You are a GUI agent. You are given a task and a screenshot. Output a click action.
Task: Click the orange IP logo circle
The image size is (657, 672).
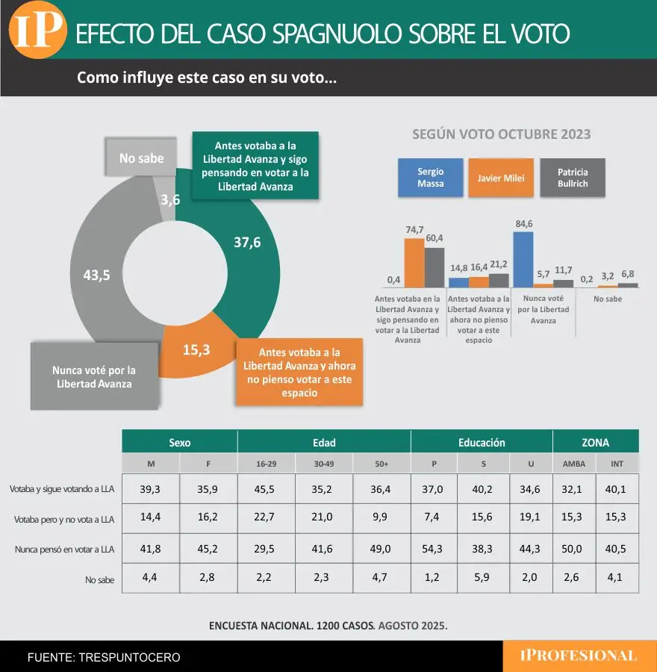click(x=38, y=31)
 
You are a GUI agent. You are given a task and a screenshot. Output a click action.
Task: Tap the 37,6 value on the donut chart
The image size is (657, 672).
click(x=246, y=243)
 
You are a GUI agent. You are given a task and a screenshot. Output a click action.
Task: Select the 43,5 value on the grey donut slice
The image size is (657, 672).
click(x=96, y=275)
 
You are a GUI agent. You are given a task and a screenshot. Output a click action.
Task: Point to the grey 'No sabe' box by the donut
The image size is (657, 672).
click(x=142, y=159)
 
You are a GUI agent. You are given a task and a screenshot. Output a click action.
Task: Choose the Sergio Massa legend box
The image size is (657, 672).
click(x=430, y=177)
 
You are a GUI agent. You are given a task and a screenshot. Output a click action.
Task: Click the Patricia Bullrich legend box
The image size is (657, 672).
click(x=572, y=177)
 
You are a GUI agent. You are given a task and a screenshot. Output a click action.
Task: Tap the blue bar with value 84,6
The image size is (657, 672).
click(x=523, y=259)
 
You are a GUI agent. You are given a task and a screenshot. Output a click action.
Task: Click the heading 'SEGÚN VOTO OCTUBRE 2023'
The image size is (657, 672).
click(x=501, y=134)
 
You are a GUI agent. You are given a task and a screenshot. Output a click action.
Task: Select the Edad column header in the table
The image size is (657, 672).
click(x=323, y=442)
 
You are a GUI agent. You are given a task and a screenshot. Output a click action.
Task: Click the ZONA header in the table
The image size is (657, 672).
click(x=595, y=442)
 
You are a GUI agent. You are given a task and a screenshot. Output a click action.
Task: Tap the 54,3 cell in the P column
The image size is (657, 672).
click(x=434, y=549)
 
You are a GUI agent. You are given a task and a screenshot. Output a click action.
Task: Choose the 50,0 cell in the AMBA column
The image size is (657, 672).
click(x=574, y=549)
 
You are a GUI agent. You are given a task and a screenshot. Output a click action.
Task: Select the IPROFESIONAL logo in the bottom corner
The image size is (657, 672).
click(x=579, y=656)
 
